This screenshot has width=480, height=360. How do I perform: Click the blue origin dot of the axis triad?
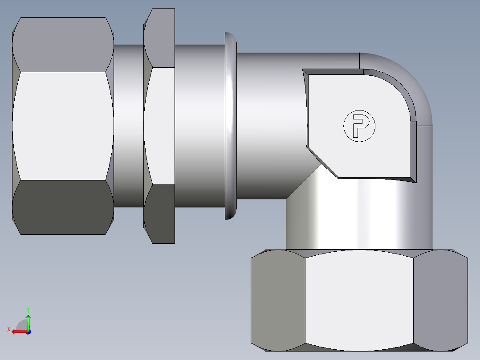28,332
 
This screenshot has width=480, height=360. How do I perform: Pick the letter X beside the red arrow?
8,329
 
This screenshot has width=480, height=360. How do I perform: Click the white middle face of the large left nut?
62,126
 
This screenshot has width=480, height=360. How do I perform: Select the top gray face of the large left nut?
62,45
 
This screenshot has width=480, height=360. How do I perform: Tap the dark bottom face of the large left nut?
62,207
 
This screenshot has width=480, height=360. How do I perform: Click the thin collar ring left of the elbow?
231,126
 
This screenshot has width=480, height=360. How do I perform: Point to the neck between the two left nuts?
128,126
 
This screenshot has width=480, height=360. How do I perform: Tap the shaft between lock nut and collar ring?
199,126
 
